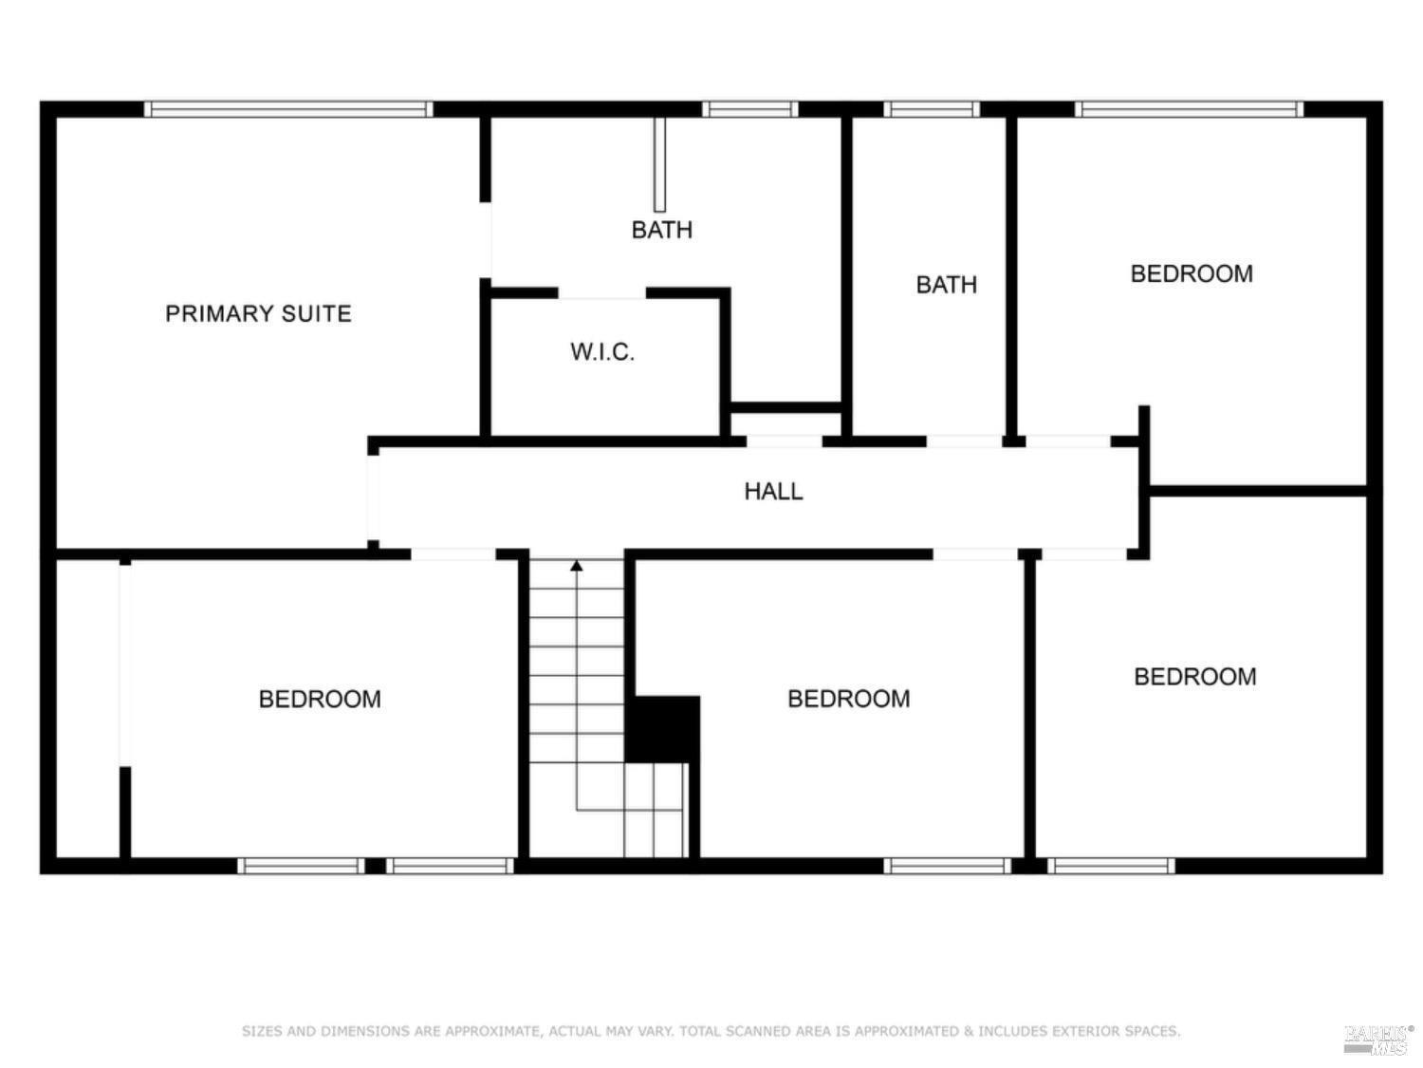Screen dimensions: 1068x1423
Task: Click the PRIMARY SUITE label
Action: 258,313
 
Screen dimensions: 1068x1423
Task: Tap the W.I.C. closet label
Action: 602,352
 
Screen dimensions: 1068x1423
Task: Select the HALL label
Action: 773,491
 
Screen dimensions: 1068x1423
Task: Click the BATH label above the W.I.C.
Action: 662,230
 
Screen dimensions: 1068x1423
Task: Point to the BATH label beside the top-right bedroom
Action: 946,285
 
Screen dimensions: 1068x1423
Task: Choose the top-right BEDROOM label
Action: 1192,274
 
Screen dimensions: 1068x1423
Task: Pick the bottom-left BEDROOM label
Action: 320,700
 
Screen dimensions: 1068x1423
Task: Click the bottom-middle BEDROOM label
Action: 848,700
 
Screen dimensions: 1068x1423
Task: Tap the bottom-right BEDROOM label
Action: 1195,677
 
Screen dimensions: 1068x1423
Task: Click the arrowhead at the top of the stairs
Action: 577,566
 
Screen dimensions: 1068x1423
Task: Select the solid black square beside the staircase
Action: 664,728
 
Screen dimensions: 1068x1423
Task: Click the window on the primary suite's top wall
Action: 288,109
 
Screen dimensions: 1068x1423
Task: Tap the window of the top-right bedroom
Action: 1190,109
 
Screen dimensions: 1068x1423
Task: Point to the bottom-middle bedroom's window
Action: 948,866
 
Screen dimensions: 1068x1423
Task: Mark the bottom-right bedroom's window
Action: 1112,866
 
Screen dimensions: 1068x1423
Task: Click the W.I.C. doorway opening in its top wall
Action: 601,293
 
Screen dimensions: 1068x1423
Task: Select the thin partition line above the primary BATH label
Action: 659,164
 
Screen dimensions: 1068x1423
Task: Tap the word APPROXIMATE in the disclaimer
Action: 492,1031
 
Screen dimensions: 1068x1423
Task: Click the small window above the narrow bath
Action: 932,109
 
